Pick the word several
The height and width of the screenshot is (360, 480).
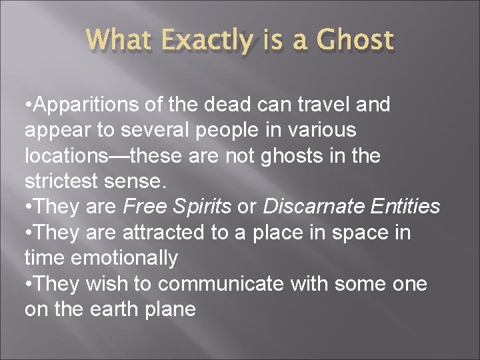pos(158,130)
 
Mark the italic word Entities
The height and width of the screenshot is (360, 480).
pos(404,207)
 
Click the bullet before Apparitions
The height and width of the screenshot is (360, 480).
pos(28,105)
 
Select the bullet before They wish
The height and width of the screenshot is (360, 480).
pos(28,283)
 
